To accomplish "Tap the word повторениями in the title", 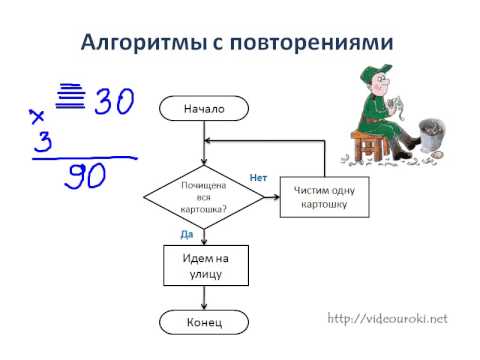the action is pos(312,43).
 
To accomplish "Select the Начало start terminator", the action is pos(204,108).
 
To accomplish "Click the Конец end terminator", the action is pos(204,322).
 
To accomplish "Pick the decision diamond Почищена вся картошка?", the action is pos(204,197).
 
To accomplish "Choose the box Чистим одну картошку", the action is pos(324,197).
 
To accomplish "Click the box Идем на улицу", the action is pos(206,266).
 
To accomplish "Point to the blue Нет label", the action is pos(258,178).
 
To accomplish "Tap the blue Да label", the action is pos(187,234).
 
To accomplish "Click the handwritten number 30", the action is pos(114,101).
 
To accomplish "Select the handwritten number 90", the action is pos(85,176).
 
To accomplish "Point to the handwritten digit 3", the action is pos(43,141).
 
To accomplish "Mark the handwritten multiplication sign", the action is pos(37,117).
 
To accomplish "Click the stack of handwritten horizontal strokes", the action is pos(70,96).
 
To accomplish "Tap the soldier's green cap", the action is pos(376,72).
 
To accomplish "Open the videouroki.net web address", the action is pos(387,319).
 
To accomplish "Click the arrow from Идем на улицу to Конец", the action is pos(204,298).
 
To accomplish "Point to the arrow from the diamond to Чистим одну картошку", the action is pos(272,197).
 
